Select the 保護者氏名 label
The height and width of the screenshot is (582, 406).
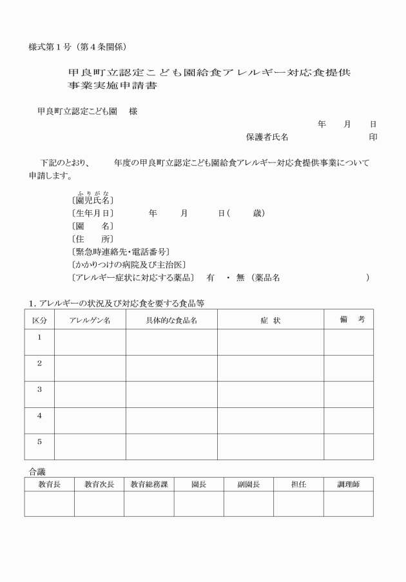tap(267, 137)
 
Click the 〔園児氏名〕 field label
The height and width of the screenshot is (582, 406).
tap(93, 200)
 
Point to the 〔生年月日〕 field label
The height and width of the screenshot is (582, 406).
tap(93, 213)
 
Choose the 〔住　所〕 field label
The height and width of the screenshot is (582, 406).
tap(93, 238)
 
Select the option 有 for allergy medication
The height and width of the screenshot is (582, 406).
tap(210, 277)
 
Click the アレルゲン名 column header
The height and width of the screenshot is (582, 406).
tap(90, 320)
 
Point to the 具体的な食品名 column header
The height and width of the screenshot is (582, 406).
tap(171, 320)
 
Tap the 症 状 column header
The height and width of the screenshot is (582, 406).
tap(270, 320)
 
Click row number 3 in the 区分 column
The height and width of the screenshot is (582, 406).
tap(39, 390)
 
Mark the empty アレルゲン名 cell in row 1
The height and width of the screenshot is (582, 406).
tap(90, 342)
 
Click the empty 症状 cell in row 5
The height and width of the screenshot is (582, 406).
tap(270, 447)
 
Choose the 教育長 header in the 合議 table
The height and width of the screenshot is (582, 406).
tap(50, 484)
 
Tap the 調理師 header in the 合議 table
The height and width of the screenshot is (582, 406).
tap(348, 484)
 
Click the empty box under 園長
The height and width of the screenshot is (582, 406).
tap(198, 503)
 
